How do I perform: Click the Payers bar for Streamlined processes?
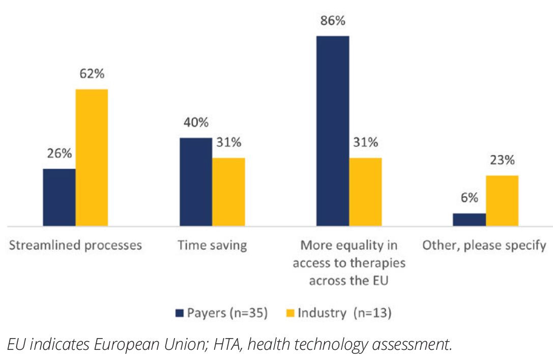pos(59,197)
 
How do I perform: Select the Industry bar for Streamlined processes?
pos(92,158)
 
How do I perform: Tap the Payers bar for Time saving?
pos(196,182)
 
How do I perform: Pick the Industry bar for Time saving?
pos(228,192)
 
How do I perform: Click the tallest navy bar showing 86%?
pos(333,131)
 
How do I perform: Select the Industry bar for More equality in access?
pos(365,192)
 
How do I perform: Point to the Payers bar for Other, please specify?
pos(469,219)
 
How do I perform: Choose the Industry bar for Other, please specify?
pos(502,200)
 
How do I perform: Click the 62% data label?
pos(92,74)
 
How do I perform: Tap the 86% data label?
pos(333,21)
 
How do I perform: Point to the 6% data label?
pos(469,198)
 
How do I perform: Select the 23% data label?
pos(502,160)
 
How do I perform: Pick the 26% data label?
pos(59,154)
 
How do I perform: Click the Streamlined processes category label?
pos(75,246)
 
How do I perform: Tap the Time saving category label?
pos(212,246)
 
